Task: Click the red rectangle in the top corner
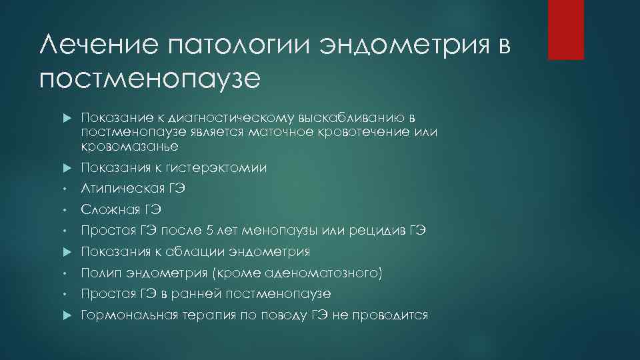(x=565, y=30)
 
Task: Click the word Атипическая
(x=119, y=189)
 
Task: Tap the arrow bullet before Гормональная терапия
(x=67, y=315)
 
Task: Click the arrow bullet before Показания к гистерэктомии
(x=67, y=168)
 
